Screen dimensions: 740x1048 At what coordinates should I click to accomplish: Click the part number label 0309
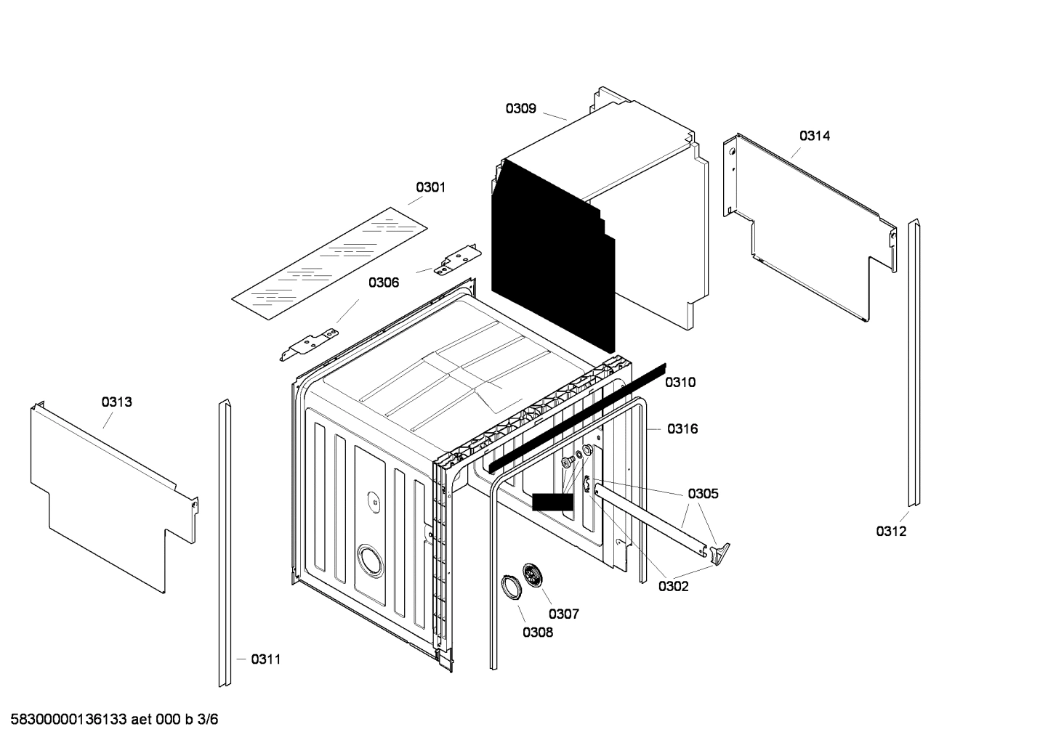pyautogui.click(x=520, y=109)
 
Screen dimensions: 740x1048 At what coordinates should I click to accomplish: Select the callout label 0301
pyautogui.click(x=430, y=187)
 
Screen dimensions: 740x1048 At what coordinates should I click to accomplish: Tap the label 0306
pyautogui.click(x=383, y=282)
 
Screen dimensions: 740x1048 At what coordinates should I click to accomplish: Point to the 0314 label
pyautogui.click(x=815, y=136)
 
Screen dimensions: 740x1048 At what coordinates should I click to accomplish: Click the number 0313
pyautogui.click(x=116, y=402)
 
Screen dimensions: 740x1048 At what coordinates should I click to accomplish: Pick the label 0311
pyautogui.click(x=265, y=659)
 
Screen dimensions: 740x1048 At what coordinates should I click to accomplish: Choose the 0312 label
pyautogui.click(x=890, y=532)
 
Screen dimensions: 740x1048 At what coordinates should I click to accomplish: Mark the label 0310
pyautogui.click(x=680, y=383)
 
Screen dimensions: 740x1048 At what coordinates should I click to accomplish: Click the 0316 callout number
pyautogui.click(x=682, y=429)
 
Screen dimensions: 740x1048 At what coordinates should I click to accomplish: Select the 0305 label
pyautogui.click(x=703, y=494)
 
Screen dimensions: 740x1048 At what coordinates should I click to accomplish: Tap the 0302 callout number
pyautogui.click(x=673, y=587)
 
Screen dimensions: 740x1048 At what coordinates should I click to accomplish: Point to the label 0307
pyautogui.click(x=563, y=614)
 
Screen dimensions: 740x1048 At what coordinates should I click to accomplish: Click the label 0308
pyautogui.click(x=537, y=633)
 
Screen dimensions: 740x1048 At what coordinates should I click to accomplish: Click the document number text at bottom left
pyautogui.click(x=109, y=720)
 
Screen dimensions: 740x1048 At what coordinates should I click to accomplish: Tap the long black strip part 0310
pyautogui.click(x=578, y=417)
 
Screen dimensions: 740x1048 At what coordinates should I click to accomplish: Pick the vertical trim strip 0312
pyautogui.click(x=914, y=363)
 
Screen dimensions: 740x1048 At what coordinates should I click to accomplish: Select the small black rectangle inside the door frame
pyautogui.click(x=552, y=502)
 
